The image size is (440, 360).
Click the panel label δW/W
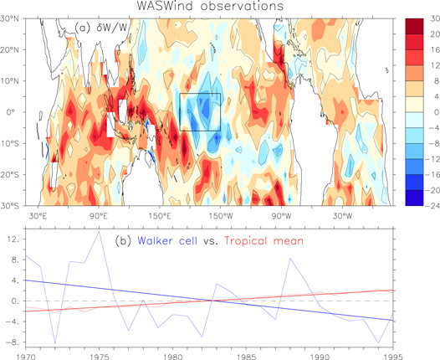[105, 27]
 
